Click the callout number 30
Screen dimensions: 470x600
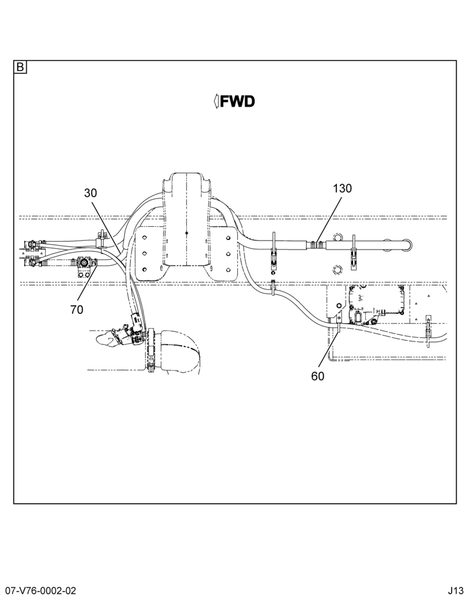tap(91, 193)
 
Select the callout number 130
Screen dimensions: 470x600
tap(342, 188)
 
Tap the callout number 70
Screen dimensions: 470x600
tap(77, 310)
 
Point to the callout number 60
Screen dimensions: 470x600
tap(317, 376)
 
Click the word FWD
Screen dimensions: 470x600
tap(237, 101)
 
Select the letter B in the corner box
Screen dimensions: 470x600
tap(20, 67)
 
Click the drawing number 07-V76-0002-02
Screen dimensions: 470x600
tap(38, 590)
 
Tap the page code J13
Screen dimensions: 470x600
tap(457, 590)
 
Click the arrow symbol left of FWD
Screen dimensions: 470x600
tap(216, 101)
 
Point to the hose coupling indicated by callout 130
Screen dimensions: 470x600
tap(317, 244)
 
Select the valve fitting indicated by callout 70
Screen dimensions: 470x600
tap(83, 263)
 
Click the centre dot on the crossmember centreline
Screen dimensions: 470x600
tap(186, 233)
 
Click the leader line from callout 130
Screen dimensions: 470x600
tap(327, 219)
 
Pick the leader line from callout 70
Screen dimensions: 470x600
tap(87, 284)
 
